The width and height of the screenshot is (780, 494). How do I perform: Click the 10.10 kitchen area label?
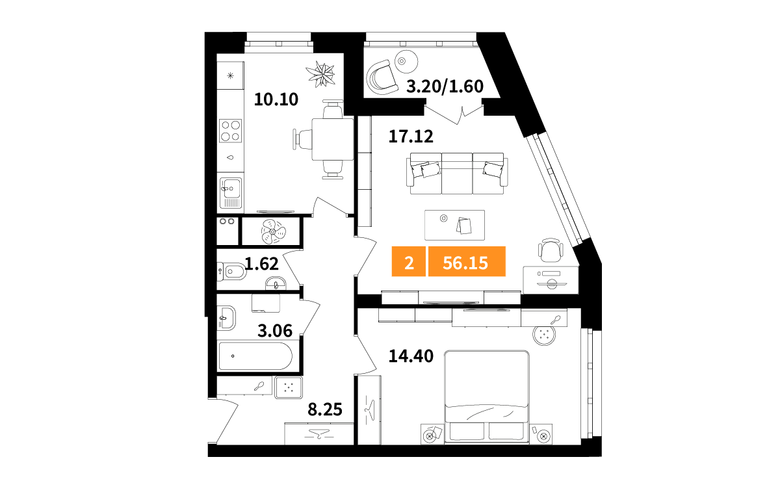point(276,99)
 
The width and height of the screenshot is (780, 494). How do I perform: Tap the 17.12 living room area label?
point(411,136)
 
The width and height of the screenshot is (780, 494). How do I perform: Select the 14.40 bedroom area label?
point(411,356)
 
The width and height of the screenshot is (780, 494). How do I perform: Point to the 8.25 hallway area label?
point(325,409)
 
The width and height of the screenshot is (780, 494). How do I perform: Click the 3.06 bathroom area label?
point(275,331)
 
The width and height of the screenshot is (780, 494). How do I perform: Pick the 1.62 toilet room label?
point(261,264)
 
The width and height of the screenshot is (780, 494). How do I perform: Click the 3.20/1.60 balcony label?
point(445,86)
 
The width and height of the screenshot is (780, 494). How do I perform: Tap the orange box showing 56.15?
point(467,261)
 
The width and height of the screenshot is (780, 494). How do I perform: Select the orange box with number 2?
point(408,261)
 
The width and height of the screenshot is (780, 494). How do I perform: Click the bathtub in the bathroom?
point(255,356)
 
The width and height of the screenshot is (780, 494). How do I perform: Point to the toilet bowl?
point(232,272)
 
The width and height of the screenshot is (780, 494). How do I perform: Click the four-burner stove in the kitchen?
point(230,131)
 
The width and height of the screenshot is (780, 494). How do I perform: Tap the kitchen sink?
point(231,192)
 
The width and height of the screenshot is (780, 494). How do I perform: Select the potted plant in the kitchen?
point(320,74)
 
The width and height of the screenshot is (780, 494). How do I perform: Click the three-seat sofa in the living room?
point(457,174)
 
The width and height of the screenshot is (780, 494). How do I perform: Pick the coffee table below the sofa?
point(454,225)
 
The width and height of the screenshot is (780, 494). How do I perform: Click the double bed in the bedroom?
point(486,397)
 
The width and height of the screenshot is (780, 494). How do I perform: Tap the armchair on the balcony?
point(382,77)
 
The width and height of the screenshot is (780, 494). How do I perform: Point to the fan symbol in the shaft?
point(273,231)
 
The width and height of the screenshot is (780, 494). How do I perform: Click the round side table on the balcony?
point(406,61)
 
